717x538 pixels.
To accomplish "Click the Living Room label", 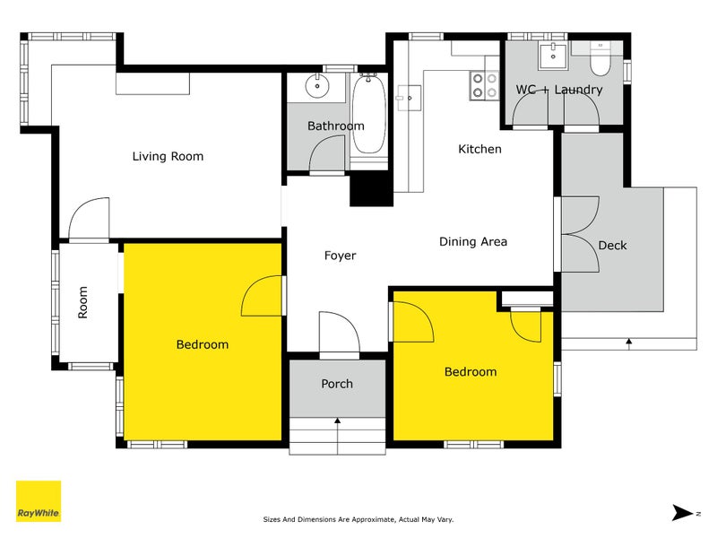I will [168, 156].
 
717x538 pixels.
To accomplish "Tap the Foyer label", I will [340, 256].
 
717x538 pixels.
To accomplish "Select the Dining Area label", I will [472, 241].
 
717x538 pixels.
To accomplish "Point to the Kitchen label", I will [479, 149].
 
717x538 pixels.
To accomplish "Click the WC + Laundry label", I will [558, 90].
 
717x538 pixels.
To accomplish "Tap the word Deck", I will [612, 245].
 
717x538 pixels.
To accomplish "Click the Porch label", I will [337, 384].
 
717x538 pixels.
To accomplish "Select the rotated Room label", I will [83, 302].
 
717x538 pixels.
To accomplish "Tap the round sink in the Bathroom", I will [316, 87].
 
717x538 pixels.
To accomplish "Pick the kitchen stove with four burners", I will [485, 85].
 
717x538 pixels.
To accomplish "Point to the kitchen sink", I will [408, 95].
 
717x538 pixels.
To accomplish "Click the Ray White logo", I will [39, 501].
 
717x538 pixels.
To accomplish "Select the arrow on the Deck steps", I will [629, 342].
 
